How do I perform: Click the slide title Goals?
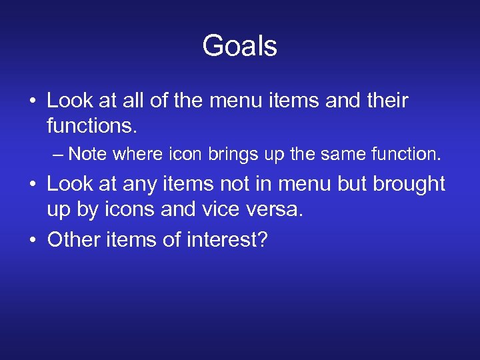point(239,46)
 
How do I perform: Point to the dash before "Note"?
point(59,155)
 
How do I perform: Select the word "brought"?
point(409,184)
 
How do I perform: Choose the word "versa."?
point(275,209)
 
